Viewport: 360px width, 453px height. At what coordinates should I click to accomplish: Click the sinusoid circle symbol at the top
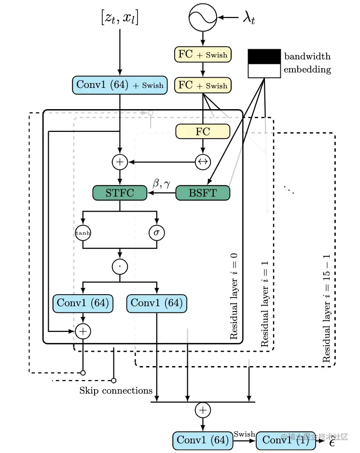coord(203,17)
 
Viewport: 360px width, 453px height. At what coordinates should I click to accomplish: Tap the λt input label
coord(249,18)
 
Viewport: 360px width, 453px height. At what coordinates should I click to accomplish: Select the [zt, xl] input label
coord(120,17)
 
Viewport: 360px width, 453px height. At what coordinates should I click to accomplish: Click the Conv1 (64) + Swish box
coord(120,85)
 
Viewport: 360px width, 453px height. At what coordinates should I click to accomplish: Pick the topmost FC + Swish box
coord(203,54)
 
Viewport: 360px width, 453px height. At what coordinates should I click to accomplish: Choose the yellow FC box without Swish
coord(203,131)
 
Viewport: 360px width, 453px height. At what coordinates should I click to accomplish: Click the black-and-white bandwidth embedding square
coord(264,64)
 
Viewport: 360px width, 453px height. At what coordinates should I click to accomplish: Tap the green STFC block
coord(120,193)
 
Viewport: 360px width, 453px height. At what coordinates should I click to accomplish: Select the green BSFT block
coord(203,193)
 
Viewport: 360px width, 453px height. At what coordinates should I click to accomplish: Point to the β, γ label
coord(161,183)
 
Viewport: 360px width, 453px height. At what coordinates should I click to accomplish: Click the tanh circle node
coord(83,233)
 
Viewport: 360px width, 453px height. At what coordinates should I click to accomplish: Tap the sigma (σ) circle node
coord(157,233)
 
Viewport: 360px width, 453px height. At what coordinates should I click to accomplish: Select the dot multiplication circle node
coord(120,267)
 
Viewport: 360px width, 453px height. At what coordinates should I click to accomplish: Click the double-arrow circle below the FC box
coord(203,162)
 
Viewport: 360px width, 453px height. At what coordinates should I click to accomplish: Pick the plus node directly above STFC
coord(120,162)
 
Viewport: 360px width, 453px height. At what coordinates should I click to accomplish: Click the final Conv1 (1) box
coord(286,440)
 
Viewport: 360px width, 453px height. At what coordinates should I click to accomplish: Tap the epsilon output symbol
coord(332,442)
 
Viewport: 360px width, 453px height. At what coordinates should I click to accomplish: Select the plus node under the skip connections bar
coord(203,410)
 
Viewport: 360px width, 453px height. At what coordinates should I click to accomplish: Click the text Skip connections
coord(116,391)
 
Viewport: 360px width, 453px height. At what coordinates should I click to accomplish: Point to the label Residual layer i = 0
coord(234,296)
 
